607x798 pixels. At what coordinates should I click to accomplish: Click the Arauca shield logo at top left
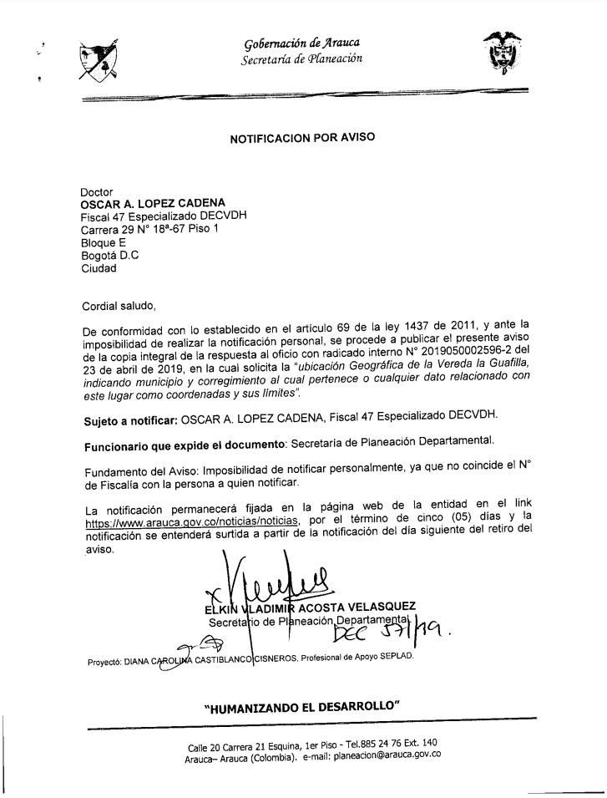click(x=97, y=58)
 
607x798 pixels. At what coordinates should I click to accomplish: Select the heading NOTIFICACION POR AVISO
click(x=302, y=141)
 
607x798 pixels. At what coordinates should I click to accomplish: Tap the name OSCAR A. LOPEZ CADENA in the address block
click(x=153, y=203)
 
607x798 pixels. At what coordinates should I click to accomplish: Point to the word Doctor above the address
click(x=97, y=191)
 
